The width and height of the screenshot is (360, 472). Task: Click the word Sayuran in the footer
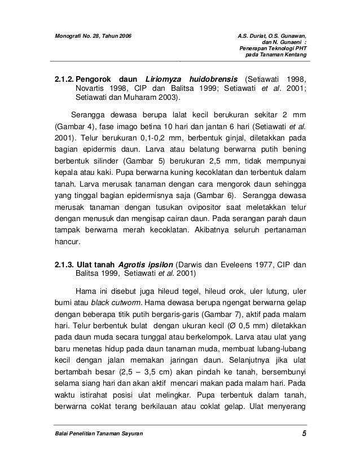point(129,433)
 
